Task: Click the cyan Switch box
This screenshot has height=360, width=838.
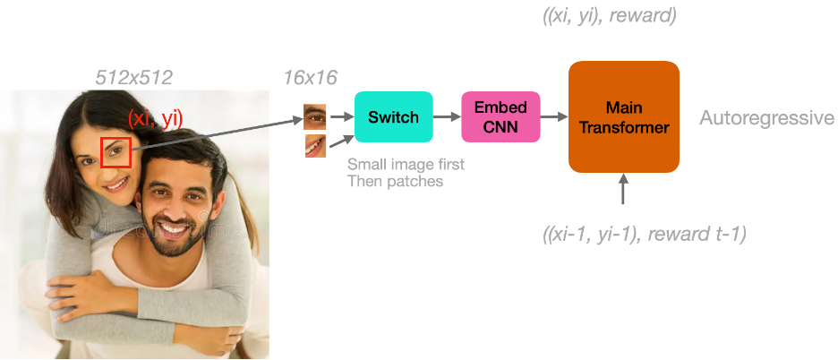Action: pos(393,116)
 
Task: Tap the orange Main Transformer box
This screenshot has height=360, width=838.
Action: pos(623,116)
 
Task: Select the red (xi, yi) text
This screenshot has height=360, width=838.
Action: pos(155,117)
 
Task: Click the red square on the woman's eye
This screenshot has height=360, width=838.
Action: pos(115,152)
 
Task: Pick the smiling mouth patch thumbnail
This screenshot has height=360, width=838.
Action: pos(314,144)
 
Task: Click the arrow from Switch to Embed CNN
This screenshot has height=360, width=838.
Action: pos(447,116)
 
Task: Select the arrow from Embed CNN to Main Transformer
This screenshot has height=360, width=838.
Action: pos(554,116)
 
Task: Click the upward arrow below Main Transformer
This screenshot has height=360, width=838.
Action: pos(623,191)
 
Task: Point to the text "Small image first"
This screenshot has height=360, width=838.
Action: pos(406,166)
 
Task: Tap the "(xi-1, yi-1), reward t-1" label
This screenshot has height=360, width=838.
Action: pos(644,234)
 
